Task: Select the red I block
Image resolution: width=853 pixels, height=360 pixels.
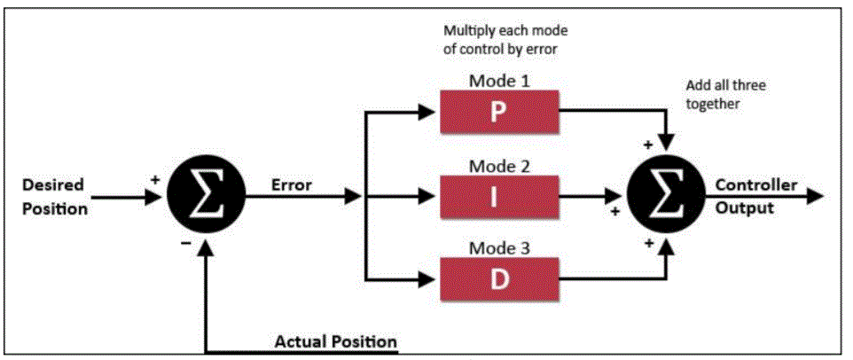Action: click(x=499, y=195)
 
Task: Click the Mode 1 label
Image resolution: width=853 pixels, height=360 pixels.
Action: click(x=499, y=82)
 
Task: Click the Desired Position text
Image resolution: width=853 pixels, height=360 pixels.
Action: click(x=54, y=197)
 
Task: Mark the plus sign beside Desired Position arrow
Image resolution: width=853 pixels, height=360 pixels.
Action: click(x=156, y=177)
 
